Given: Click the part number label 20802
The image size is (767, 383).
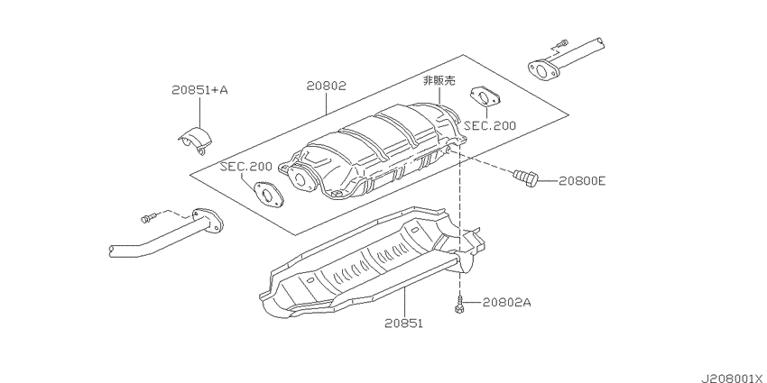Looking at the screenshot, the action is (327, 86).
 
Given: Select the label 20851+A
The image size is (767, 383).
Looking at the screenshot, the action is (199, 90).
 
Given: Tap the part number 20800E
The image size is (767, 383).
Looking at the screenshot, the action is (582, 181).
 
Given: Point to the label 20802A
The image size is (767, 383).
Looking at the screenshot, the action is (507, 303).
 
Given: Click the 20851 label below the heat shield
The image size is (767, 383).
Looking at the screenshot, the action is (403, 323).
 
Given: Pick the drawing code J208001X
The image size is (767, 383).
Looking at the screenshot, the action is (734, 378).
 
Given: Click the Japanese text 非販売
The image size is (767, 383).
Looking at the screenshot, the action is (439, 80).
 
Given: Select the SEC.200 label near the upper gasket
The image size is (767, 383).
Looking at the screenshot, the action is (490, 125).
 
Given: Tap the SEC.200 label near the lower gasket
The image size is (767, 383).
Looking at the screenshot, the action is (245, 166).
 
